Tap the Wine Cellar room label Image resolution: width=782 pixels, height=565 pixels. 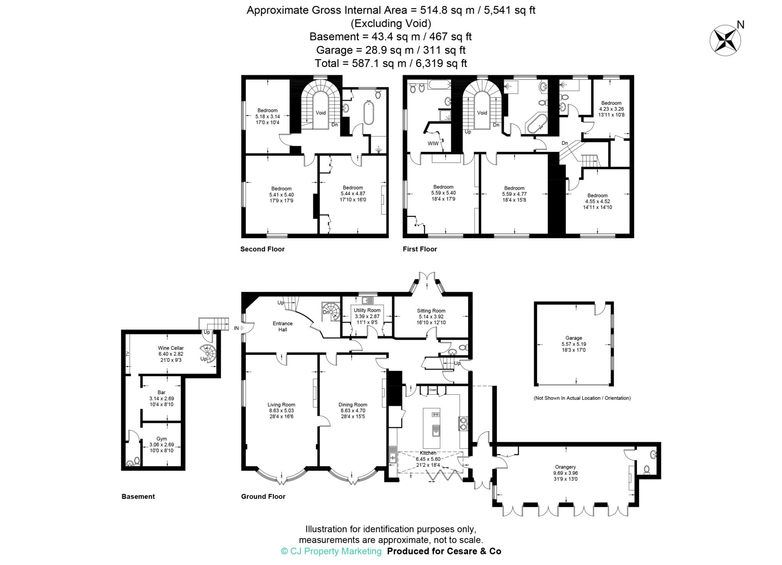(x=171, y=348)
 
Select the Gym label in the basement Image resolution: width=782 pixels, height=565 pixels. (x=162, y=439)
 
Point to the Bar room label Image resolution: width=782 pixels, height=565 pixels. (x=162, y=392)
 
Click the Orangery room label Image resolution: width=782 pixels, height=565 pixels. (x=565, y=467)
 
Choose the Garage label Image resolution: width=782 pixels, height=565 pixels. (x=574, y=337)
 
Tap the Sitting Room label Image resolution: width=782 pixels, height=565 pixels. (x=431, y=310)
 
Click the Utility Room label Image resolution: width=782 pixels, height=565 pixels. (x=367, y=310)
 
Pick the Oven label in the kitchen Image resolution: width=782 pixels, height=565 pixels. (x=432, y=390)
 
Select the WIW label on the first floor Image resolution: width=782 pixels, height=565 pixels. (x=433, y=144)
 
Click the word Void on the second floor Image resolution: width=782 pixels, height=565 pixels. (x=321, y=113)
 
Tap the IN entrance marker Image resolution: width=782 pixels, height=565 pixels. (x=236, y=328)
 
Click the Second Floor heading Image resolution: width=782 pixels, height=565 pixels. (x=262, y=249)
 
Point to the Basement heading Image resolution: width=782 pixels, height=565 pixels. (x=138, y=496)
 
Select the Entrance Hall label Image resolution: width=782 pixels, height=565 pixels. (x=283, y=326)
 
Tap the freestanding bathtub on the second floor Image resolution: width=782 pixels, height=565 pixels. (x=368, y=113)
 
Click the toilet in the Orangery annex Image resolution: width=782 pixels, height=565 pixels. (x=646, y=469)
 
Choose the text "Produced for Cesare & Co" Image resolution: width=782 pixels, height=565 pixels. (x=444, y=551)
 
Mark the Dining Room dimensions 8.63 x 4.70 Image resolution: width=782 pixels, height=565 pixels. (x=352, y=410)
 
